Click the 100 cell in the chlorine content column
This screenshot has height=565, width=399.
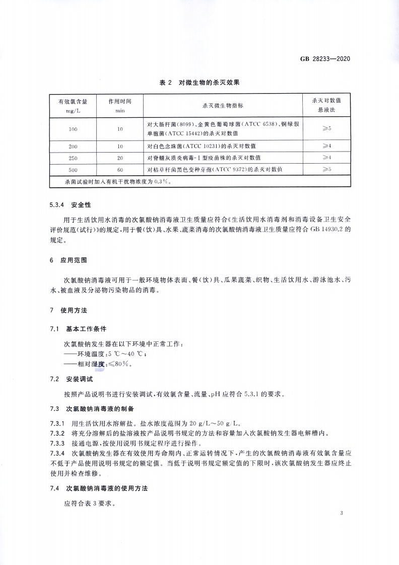[73, 129]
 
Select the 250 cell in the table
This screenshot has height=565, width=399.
[73, 158]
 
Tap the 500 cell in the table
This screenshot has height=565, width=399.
[73, 169]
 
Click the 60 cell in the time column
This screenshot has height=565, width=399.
[120, 169]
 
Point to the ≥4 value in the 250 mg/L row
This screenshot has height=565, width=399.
[326, 158]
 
